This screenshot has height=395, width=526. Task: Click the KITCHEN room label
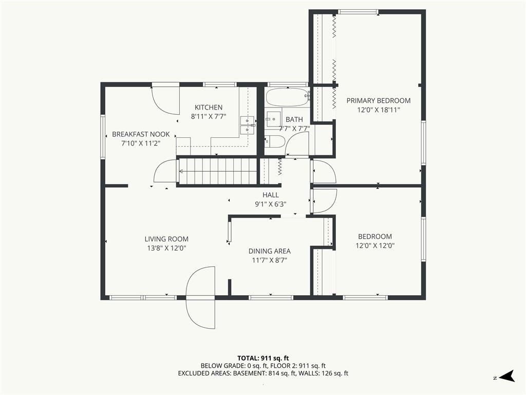coord(209,107)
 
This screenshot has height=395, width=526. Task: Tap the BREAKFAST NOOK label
coord(141,134)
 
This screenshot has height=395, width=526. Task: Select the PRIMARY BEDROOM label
coord(379,101)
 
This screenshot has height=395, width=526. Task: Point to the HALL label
coord(270,195)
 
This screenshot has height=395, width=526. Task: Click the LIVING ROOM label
coord(166,239)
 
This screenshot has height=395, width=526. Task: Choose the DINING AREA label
coord(269,251)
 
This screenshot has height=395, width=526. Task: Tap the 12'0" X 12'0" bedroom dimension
coord(375,245)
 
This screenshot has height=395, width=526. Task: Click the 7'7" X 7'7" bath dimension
coord(294,128)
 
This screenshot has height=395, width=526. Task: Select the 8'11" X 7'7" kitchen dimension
coord(209,117)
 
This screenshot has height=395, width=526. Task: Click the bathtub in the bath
coord(288,97)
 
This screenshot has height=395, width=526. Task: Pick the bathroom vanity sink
coord(273,119)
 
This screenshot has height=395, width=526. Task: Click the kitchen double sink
coord(248,124)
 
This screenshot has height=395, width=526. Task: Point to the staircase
coord(218,171)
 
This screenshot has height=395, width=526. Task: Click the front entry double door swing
coord(201,298)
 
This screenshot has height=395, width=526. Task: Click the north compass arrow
coord(506,376)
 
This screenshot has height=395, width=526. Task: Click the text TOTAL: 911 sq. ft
coord(263,358)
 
